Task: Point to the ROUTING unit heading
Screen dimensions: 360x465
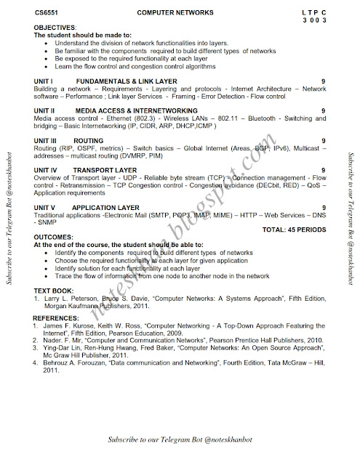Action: coord(88,139)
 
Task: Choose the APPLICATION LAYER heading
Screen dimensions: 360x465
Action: coord(108,208)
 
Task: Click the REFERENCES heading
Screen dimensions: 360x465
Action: coord(59,318)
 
